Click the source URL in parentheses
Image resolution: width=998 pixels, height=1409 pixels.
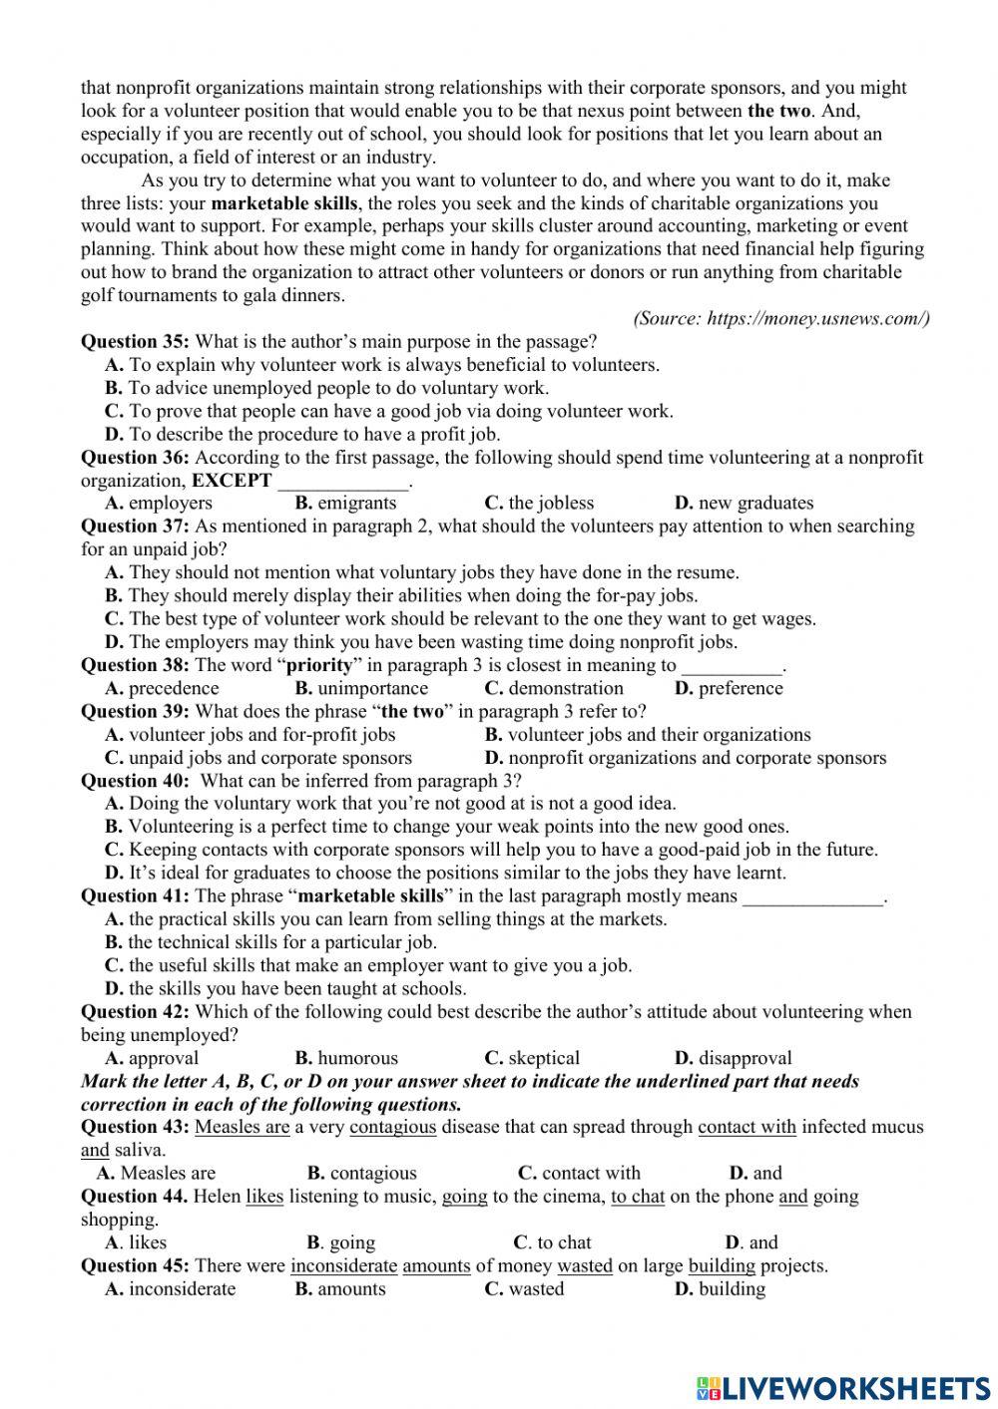coord(781,318)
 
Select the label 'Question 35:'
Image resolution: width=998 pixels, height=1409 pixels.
coord(135,342)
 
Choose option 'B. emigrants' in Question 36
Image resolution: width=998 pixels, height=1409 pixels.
coord(345,503)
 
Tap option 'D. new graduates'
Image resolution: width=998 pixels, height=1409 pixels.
coord(744,503)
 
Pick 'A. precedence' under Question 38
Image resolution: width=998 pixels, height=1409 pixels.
coord(162,688)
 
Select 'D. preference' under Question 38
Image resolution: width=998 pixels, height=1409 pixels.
coord(729,688)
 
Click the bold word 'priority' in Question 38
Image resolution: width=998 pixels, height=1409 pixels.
coord(319,665)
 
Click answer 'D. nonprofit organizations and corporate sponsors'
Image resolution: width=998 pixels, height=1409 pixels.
coord(686,758)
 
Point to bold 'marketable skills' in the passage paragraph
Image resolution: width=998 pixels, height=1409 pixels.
coord(284,203)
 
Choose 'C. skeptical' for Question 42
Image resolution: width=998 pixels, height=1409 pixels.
coord(532,1058)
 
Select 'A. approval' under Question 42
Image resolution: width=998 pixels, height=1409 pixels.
coord(152,1058)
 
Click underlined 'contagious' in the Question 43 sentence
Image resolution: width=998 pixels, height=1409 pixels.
coord(393,1127)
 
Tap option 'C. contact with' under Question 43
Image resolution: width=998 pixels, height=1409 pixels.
coord(579,1173)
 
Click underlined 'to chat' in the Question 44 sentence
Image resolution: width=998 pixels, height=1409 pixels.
coord(638,1196)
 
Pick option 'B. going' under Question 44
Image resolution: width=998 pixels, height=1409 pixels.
coord(341,1242)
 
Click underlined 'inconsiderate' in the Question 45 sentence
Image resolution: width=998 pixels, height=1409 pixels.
coord(344,1265)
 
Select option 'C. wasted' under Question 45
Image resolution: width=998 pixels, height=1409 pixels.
coord(524,1288)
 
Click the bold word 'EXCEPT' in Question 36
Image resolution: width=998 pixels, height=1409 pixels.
coord(232,480)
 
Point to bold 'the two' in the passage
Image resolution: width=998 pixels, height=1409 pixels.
coord(779,111)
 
